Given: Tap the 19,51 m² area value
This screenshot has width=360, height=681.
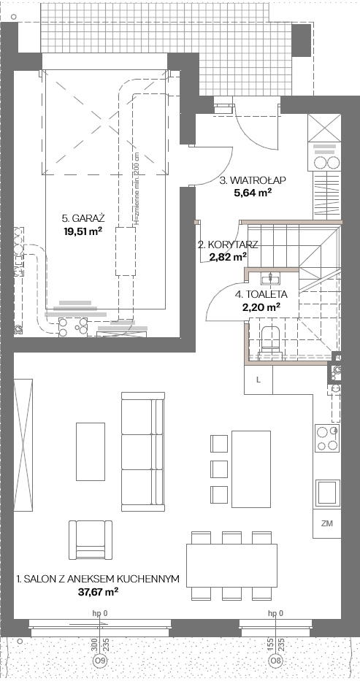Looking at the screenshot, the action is coord(83,231).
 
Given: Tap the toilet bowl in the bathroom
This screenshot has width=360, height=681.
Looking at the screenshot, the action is coord(270,340).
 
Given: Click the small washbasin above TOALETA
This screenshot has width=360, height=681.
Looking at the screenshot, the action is coord(270,277).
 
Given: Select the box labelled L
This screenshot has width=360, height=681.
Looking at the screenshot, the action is coord(258,380).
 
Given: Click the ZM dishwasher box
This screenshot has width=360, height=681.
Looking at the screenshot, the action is coord(327,523).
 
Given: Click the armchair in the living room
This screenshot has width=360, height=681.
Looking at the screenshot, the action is coord(91,540).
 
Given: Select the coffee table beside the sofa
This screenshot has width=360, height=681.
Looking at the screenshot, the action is coord(91,452).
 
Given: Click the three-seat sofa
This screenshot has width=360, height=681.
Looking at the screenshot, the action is coord(143,452).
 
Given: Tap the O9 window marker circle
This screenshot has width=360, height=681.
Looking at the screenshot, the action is coord(99,661).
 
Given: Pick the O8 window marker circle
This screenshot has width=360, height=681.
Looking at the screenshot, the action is coord(275,661).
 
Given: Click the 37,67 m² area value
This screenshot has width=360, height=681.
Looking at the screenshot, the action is coord(97,591).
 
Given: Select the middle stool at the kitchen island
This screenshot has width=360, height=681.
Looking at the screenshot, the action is coord(219,469).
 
